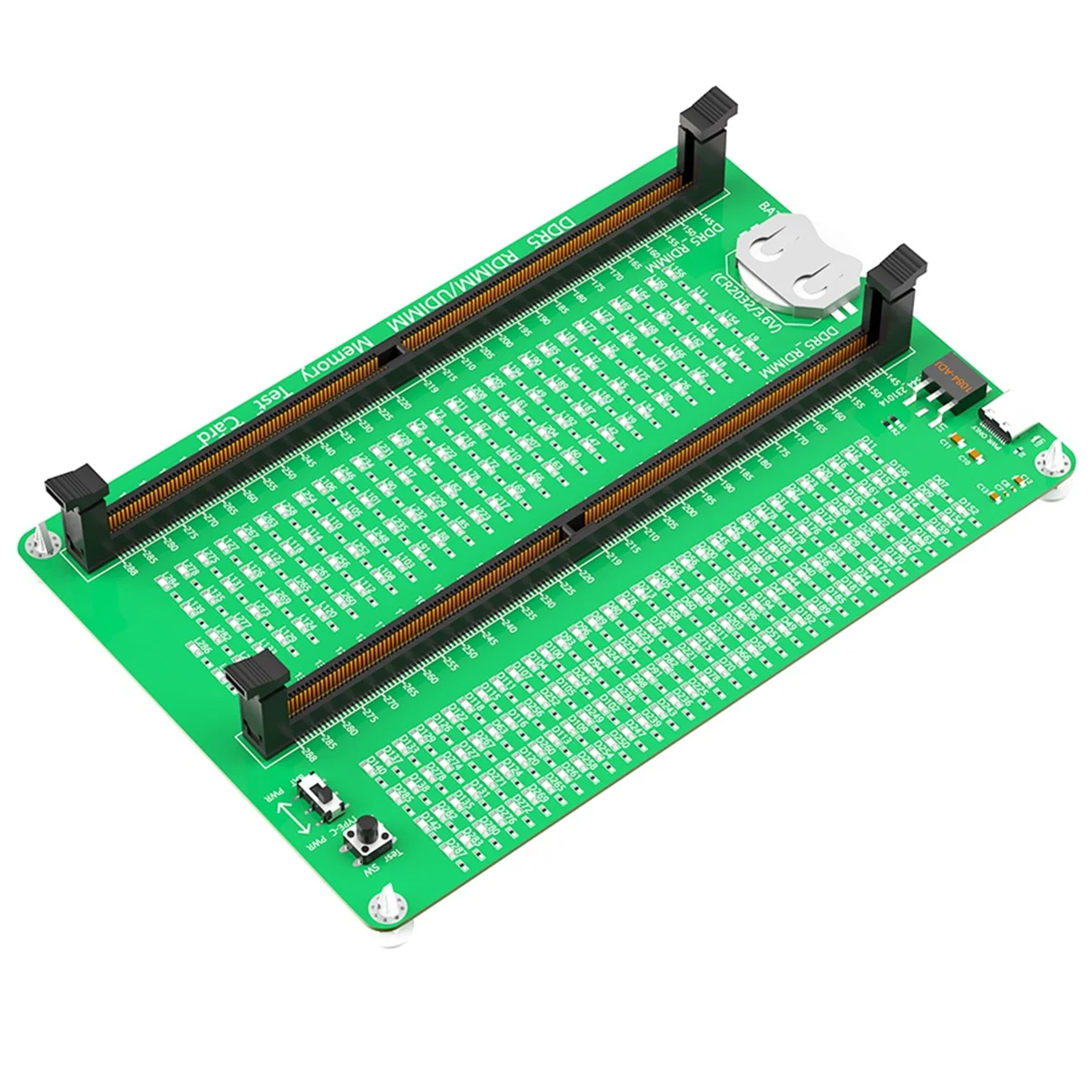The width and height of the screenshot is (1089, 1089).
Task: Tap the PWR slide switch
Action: [320, 794]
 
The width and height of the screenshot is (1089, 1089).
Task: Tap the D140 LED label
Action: [374, 770]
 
